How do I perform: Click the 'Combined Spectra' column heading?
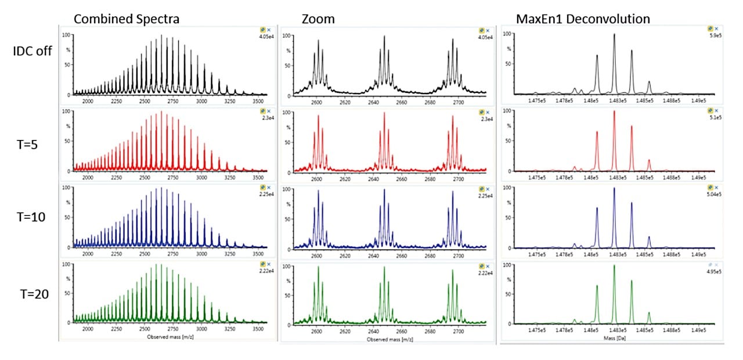[126, 19]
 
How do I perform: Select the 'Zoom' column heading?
[318, 19]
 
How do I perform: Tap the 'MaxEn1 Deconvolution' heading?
[583, 19]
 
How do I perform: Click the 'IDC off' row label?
[33, 51]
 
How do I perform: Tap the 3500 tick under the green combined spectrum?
[258, 329]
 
